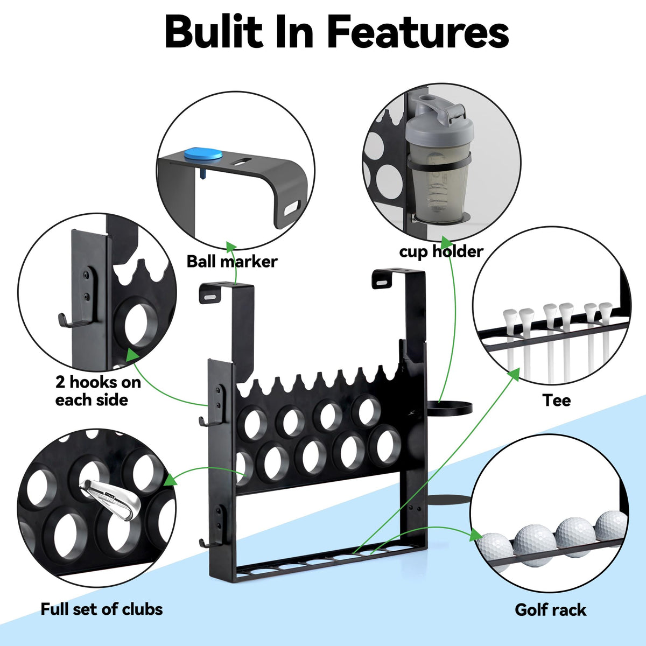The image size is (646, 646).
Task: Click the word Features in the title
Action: pos(418,32)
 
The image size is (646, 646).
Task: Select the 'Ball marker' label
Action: pos(232,261)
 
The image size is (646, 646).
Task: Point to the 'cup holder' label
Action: pos(441,251)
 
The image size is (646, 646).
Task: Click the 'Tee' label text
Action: pos(556,400)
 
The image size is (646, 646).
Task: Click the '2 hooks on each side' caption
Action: pos(97,391)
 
